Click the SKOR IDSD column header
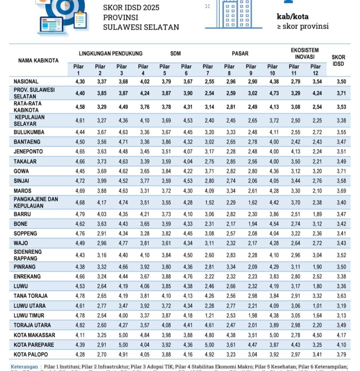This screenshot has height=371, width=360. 338,60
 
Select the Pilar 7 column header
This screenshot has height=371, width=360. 208,70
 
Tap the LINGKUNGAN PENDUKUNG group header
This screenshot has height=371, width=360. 111,53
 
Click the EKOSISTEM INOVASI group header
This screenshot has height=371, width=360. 305,53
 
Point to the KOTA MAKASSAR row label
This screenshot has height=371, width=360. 30,335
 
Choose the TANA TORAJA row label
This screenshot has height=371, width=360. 30,296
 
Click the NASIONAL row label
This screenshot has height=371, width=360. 26,82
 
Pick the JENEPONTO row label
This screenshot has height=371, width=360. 28,151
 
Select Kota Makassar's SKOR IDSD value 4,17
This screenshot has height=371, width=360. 341,335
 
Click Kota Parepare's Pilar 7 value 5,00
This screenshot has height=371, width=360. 208,345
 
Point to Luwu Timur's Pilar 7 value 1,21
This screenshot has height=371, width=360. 208,316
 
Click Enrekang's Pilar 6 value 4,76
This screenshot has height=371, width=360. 186,276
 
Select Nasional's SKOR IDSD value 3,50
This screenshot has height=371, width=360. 341,82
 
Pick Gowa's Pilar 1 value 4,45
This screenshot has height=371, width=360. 80,171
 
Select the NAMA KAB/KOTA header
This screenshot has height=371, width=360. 38,61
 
